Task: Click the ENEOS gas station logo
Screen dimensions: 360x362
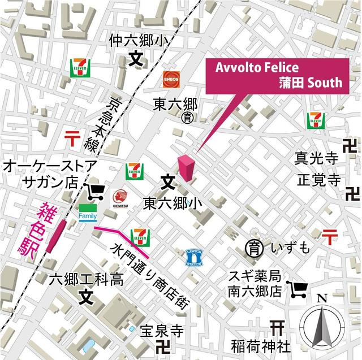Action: pyautogui.click(x=172, y=78)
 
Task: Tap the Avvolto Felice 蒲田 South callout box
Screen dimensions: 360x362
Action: pyautogui.click(x=279, y=75)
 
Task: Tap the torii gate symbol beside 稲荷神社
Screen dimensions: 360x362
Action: pyautogui.click(x=277, y=328)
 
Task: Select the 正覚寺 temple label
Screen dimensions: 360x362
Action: pyautogui.click(x=319, y=180)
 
